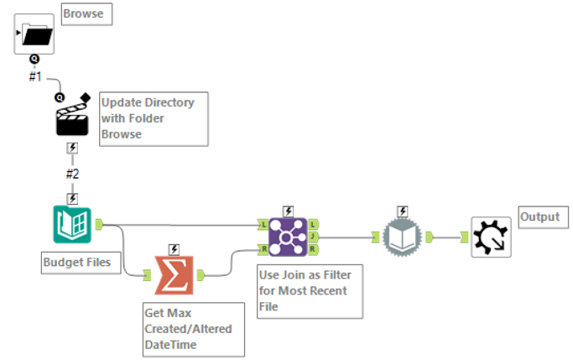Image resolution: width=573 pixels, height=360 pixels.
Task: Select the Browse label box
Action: tap(86, 13)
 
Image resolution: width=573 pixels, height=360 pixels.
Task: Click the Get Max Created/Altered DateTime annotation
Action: tap(193, 329)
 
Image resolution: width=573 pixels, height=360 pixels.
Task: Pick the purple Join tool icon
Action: tap(287, 237)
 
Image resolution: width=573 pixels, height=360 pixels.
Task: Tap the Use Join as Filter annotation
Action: tap(309, 290)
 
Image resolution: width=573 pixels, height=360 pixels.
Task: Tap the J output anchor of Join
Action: tap(313, 237)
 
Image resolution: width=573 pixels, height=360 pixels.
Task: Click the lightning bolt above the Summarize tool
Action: tap(174, 249)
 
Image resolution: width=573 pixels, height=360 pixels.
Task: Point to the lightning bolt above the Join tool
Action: tap(288, 211)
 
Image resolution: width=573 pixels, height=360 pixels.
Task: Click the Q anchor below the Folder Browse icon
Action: tap(34, 59)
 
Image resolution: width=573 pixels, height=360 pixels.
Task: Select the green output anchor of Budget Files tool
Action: tap(99, 224)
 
